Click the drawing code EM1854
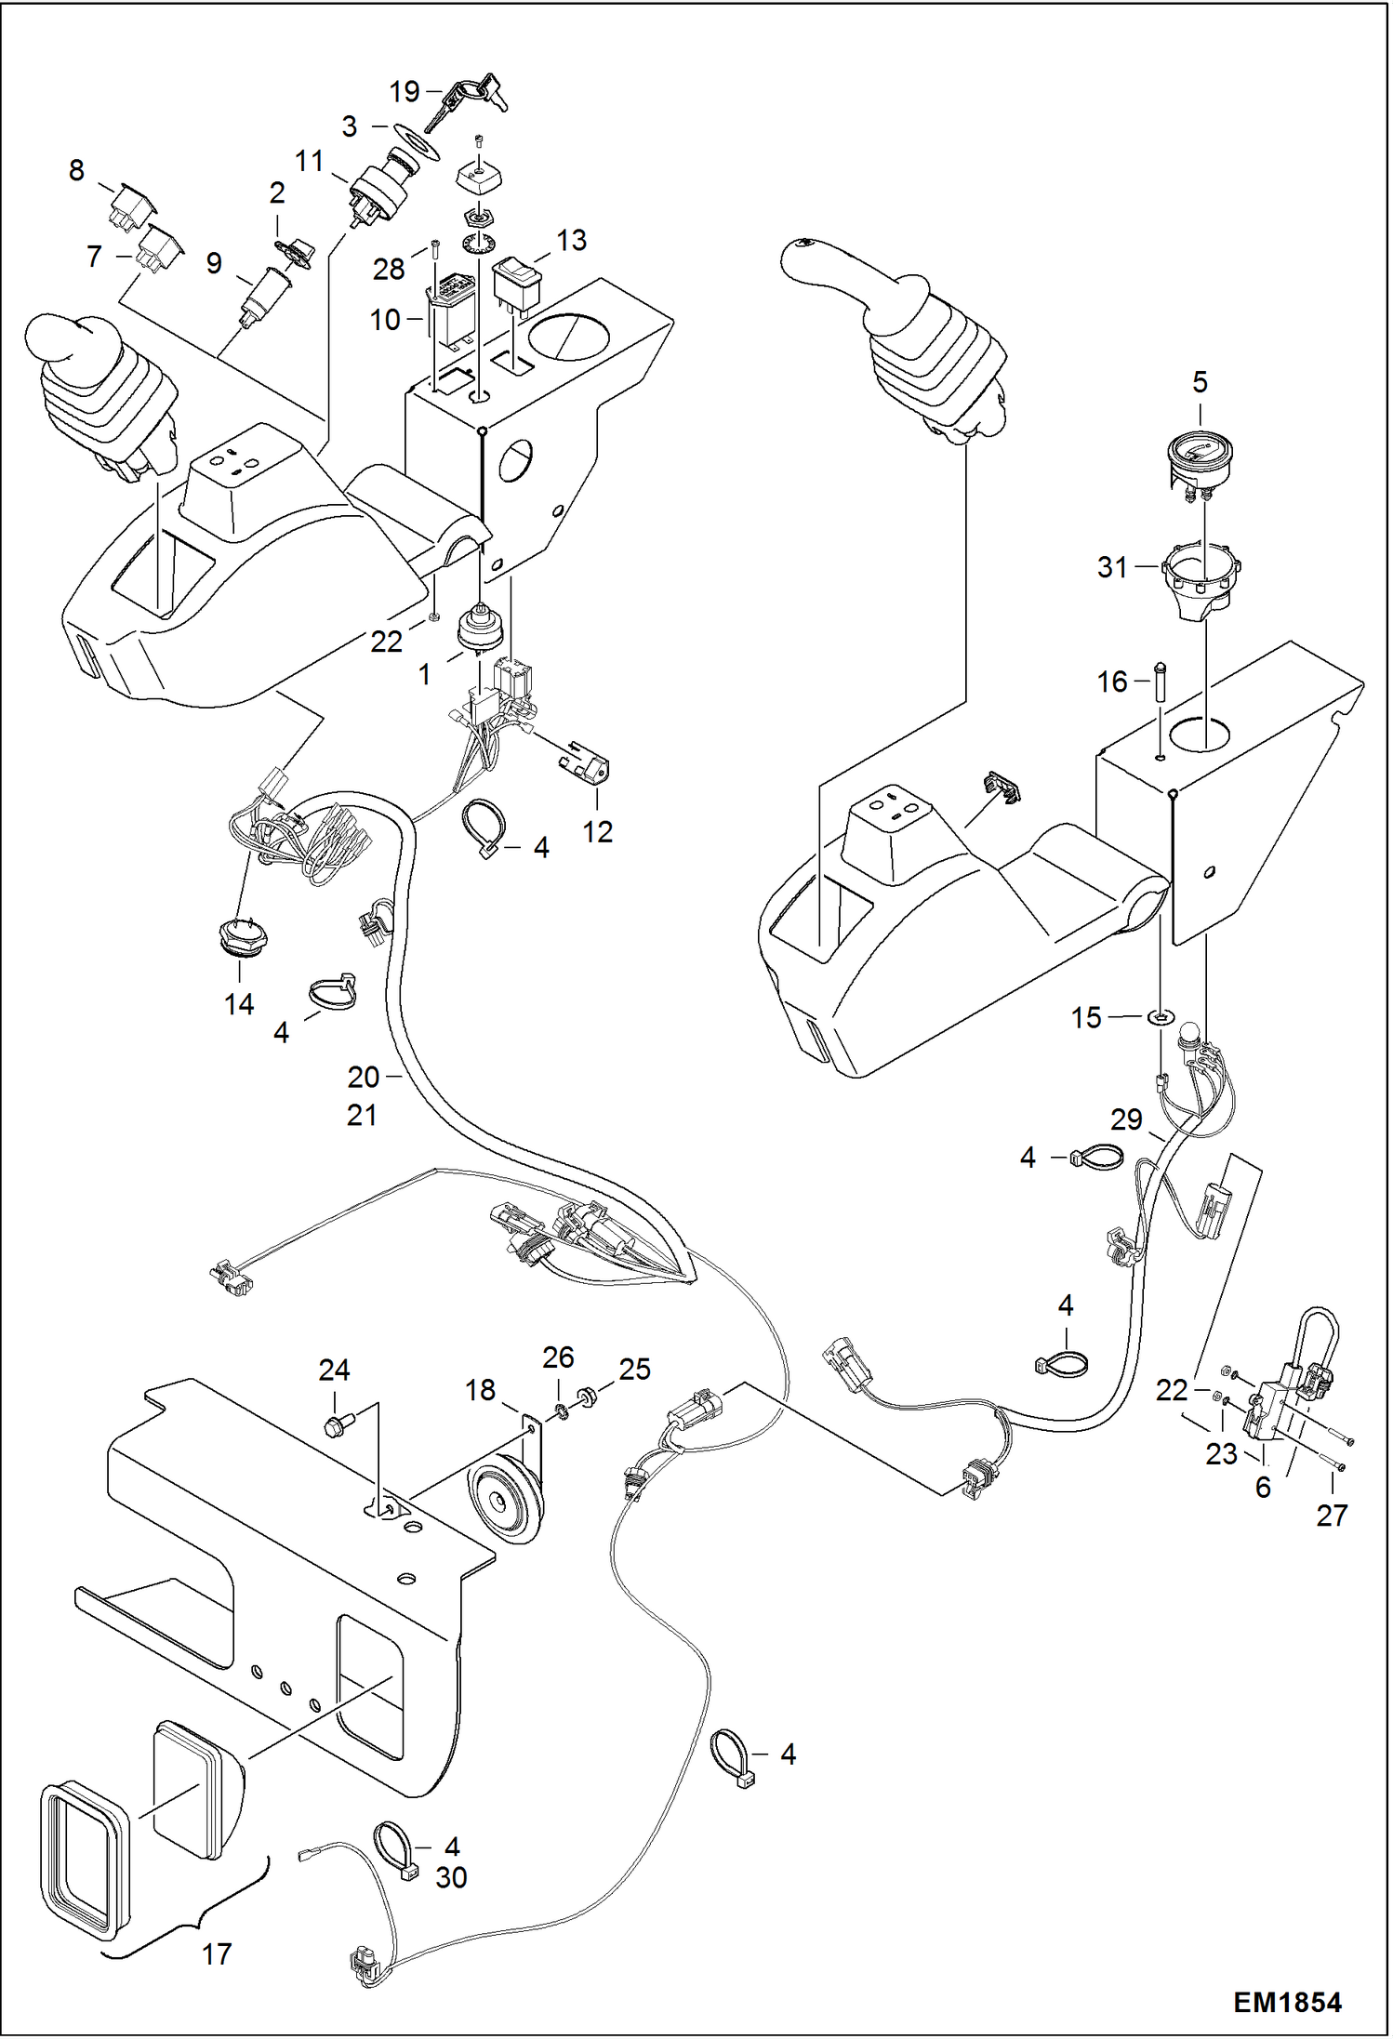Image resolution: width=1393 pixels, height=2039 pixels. (1287, 2002)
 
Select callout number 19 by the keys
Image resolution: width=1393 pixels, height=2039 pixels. (405, 92)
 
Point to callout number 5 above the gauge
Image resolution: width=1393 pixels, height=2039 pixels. (1200, 382)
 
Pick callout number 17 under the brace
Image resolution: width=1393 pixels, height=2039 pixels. (216, 1953)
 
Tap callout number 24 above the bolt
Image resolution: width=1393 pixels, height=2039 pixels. (334, 1370)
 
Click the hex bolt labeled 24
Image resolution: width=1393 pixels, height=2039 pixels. (334, 1425)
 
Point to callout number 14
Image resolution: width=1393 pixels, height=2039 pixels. (239, 1004)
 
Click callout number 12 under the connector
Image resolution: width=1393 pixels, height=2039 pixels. (597, 831)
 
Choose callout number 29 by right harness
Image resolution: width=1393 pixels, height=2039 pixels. (1126, 1119)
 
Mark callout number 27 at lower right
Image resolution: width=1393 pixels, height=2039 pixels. (1332, 1516)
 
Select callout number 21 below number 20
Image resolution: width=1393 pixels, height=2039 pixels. (362, 1116)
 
